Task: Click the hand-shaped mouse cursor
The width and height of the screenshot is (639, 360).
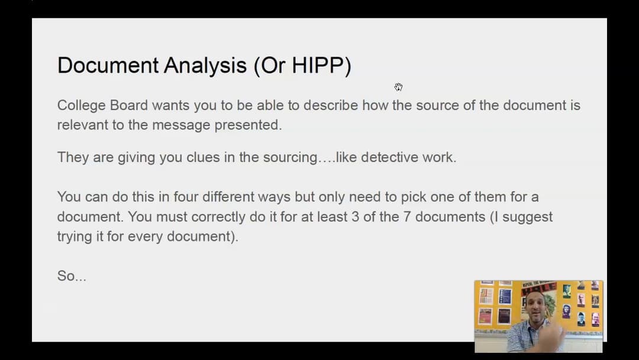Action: point(399,87)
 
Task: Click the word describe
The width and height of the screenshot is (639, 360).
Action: point(329,105)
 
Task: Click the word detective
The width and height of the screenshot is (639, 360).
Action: point(390,157)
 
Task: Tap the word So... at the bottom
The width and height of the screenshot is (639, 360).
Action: point(72,276)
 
